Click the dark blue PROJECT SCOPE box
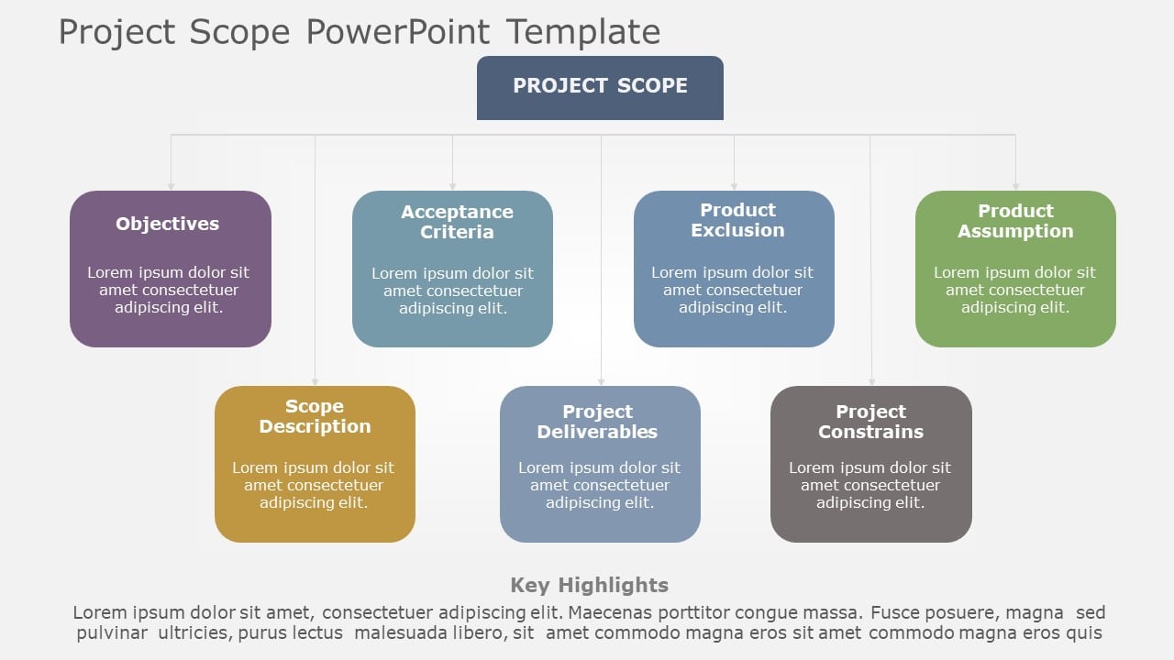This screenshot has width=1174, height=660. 600,87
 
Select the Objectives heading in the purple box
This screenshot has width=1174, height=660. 167,224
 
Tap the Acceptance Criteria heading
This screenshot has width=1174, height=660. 457,222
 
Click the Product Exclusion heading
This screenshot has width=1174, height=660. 737,220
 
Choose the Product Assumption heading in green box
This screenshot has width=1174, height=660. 1015,221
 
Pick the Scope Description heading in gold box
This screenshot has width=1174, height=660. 315,416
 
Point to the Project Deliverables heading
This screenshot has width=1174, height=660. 597,422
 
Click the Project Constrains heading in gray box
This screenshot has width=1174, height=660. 870,422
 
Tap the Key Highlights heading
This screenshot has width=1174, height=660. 589,585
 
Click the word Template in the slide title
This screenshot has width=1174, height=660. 582,32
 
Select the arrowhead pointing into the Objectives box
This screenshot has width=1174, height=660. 171,186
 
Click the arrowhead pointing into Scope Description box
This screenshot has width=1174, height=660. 315,381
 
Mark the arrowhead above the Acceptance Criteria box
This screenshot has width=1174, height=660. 452,186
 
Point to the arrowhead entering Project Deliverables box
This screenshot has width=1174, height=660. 601,381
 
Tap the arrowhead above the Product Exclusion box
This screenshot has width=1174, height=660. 734,186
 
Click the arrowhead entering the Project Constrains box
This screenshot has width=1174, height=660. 870,381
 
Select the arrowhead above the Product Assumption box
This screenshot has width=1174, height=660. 1015,186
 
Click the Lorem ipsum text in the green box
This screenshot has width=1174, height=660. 1014,290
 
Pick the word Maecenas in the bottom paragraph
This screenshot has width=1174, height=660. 602,612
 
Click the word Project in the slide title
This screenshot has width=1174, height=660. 117,32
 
